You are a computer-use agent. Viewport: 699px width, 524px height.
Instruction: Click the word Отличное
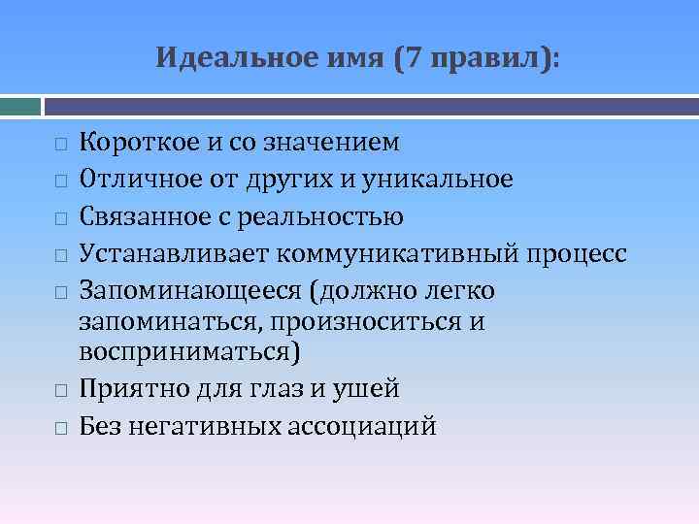click(135, 180)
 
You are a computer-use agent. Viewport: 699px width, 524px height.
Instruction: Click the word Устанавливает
click(174, 253)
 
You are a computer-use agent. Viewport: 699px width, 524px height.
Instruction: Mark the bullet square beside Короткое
click(59, 145)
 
